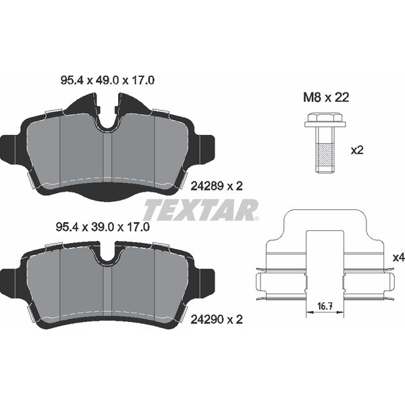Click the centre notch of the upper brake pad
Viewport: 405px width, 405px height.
coord(108,117)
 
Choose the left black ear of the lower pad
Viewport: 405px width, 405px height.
coord(10,279)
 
